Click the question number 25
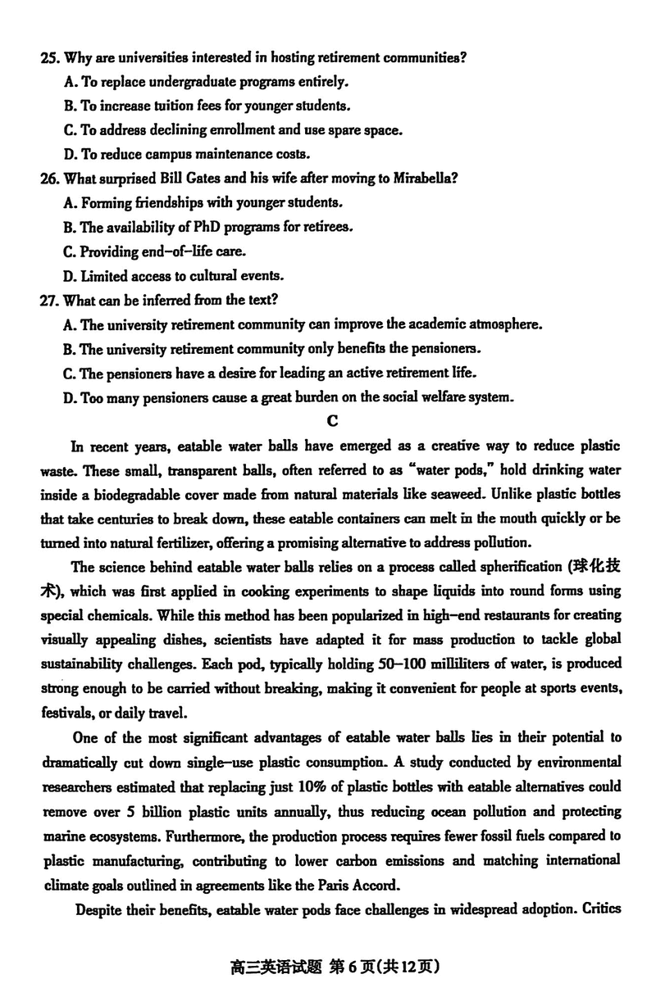pyautogui.click(x=48, y=57)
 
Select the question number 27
pyautogui.click(x=48, y=301)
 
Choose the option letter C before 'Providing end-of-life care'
pyautogui.click(x=69, y=251)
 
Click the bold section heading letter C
pyautogui.click(x=332, y=422)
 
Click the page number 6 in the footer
pyautogui.click(x=351, y=967)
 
